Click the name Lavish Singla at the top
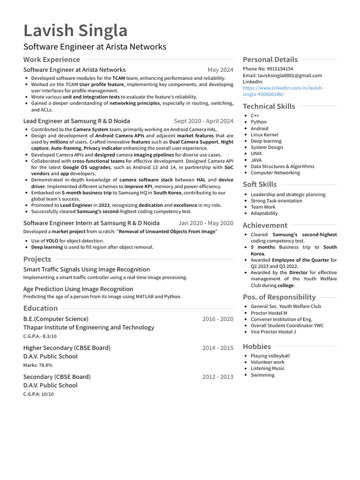tap(75, 31)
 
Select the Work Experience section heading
tap(52, 60)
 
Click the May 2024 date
tap(220, 70)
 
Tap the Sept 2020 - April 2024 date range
tap(203, 121)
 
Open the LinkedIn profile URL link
tap(283, 91)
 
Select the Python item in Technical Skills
tap(259, 122)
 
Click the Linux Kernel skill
tap(264, 135)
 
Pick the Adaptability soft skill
tap(264, 213)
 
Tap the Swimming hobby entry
tap(262, 375)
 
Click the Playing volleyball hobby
tap(270, 356)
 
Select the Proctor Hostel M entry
tap(269, 313)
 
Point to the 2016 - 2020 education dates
tap(217, 319)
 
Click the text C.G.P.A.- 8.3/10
tap(40, 336)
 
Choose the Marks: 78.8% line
tap(38, 365)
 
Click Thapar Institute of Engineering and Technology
tap(89, 328)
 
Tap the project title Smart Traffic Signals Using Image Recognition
tap(87, 270)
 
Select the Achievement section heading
tap(265, 225)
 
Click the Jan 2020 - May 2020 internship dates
tap(205, 224)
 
